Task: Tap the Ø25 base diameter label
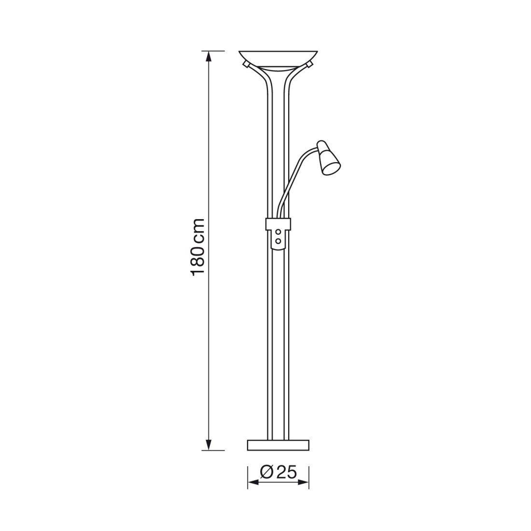click(x=279, y=473)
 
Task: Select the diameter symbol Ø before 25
click(x=267, y=473)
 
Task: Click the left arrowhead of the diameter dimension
click(x=253, y=482)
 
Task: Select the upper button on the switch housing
click(x=279, y=232)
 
